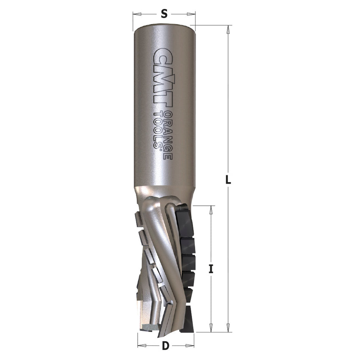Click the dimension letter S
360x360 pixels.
164,14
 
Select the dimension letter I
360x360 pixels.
211,269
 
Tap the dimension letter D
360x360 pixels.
165,346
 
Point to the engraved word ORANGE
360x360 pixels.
168,135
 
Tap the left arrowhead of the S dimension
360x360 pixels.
137,14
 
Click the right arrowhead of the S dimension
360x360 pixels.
191,14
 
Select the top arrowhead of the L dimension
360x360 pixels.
228,30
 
